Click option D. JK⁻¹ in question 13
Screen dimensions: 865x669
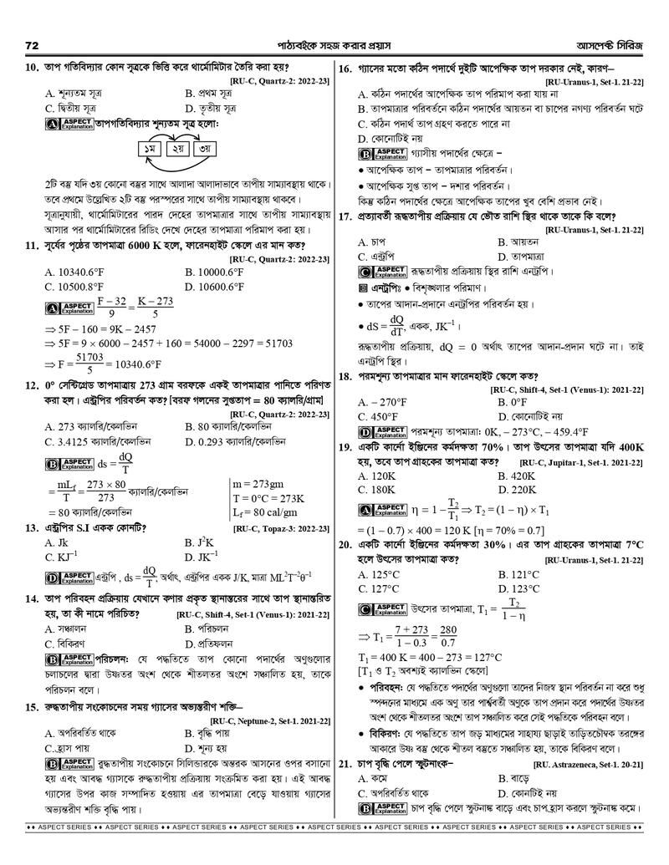click(x=203, y=555)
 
